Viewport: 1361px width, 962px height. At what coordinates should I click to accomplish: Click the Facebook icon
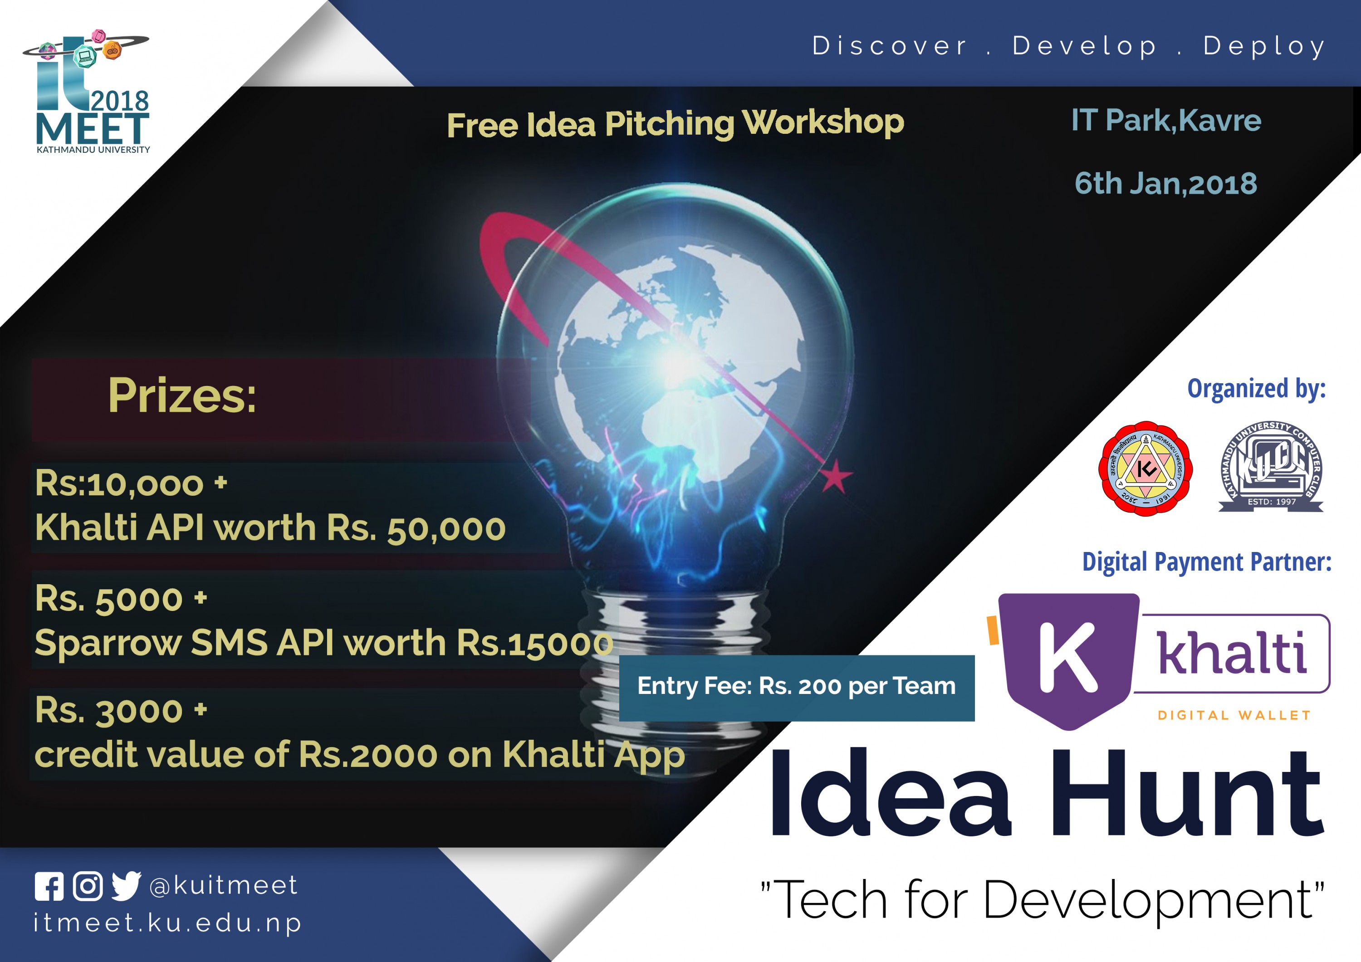(x=49, y=886)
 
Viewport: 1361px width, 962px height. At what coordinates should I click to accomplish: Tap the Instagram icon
(x=88, y=886)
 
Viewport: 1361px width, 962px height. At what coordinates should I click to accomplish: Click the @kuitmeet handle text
(x=224, y=885)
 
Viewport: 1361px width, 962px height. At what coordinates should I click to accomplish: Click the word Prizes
(x=182, y=396)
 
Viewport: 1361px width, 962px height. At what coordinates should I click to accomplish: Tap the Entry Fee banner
(x=796, y=687)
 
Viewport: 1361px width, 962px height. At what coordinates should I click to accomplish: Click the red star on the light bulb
(x=836, y=476)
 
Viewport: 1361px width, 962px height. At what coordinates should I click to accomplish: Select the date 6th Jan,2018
(x=1165, y=184)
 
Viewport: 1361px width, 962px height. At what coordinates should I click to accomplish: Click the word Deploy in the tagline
(x=1264, y=46)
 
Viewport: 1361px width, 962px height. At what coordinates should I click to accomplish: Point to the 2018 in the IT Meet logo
(x=120, y=101)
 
